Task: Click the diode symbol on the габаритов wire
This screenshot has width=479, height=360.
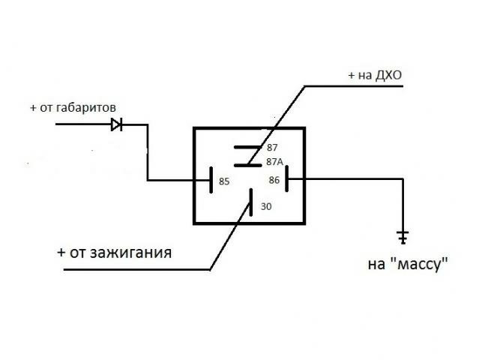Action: coord(117,124)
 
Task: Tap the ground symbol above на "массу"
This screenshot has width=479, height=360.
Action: coord(403,237)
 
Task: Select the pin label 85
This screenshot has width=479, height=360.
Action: coord(224,181)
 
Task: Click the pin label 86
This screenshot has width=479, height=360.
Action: coord(274,180)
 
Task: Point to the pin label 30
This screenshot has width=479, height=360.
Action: coord(266,206)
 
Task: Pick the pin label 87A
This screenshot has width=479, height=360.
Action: coord(274,162)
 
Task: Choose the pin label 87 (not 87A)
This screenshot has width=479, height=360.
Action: coord(272,148)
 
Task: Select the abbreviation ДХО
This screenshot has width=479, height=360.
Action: coord(388,75)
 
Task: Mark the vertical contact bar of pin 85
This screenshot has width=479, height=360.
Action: coord(211,180)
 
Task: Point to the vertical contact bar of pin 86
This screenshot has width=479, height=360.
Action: coord(286,178)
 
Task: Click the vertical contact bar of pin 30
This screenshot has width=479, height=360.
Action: coord(251,202)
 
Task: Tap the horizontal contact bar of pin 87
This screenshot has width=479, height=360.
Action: coord(248,147)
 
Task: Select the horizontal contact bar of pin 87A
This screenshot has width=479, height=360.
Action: coord(248,165)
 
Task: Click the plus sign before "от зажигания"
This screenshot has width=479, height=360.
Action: coord(61,253)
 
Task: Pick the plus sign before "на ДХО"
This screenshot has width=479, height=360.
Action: coord(352,76)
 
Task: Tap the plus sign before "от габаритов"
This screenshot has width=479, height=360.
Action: coord(33,108)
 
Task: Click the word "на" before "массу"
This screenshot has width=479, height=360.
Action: coord(376,265)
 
